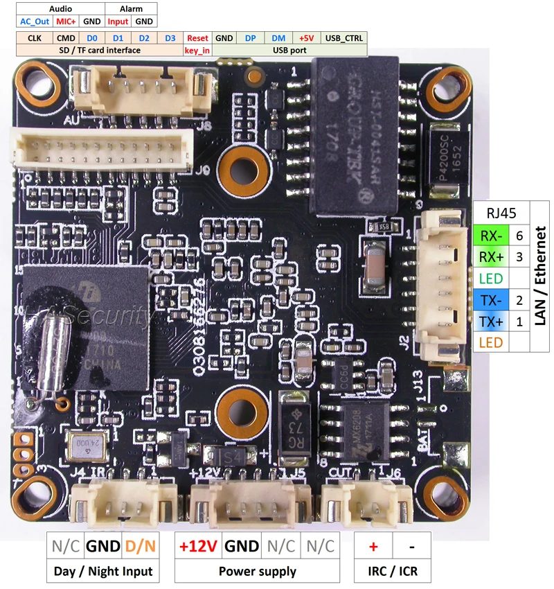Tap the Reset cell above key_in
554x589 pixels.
tap(197, 38)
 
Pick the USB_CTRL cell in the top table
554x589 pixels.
tap(345, 38)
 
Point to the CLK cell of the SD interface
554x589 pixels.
tap(35, 38)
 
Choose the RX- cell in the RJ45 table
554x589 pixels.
tap(492, 235)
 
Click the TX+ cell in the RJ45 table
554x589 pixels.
tap(492, 321)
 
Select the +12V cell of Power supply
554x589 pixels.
tap(198, 545)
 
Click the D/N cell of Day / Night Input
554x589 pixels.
tap(141, 545)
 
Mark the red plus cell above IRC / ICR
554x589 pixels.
tap(373, 545)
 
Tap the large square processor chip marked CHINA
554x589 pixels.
tap(87, 326)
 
